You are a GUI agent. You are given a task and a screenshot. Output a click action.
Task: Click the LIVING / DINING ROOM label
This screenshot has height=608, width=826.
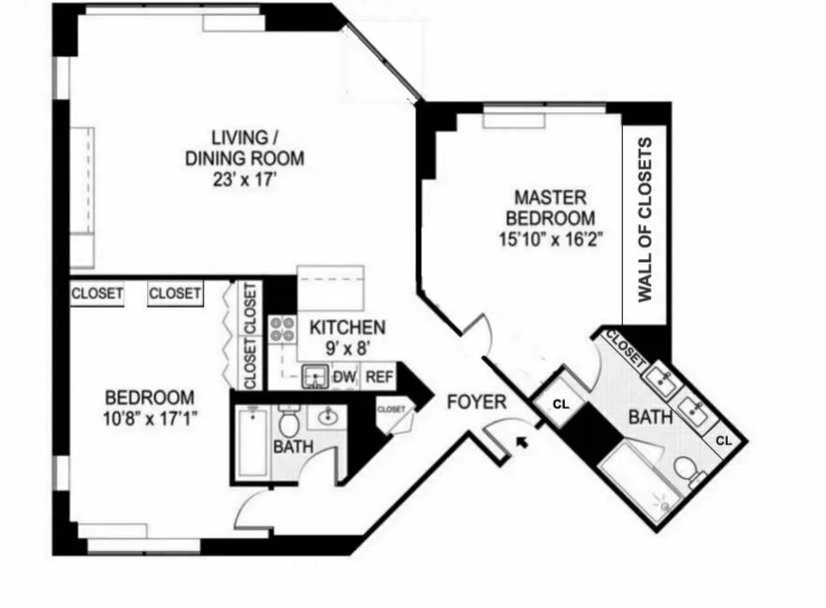[244, 148]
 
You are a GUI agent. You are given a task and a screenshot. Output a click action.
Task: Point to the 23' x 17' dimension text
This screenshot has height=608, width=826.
[244, 179]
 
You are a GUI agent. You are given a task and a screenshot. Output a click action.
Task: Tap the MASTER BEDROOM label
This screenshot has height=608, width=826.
[551, 208]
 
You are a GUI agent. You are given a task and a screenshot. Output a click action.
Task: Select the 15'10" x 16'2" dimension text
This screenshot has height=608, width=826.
[551, 239]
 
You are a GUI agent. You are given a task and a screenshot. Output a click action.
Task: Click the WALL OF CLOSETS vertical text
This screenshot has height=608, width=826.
[645, 220]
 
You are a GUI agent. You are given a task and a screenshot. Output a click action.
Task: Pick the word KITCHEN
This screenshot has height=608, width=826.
[347, 327]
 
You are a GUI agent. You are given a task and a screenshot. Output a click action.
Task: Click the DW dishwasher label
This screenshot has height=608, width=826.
[344, 377]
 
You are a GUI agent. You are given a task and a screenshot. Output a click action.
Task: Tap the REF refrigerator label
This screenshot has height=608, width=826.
[378, 377]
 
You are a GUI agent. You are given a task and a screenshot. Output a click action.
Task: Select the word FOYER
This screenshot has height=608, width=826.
[476, 403]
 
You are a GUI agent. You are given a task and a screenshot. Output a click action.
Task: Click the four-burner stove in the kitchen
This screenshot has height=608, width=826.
[282, 329]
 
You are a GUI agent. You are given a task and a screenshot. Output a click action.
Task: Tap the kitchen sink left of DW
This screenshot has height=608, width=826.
[314, 377]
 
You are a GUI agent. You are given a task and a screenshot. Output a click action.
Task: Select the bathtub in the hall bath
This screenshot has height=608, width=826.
[251, 443]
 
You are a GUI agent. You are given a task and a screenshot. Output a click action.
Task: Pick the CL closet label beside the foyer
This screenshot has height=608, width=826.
[560, 405]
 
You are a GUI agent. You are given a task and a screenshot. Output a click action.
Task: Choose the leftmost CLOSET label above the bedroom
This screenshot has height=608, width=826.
[97, 294]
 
